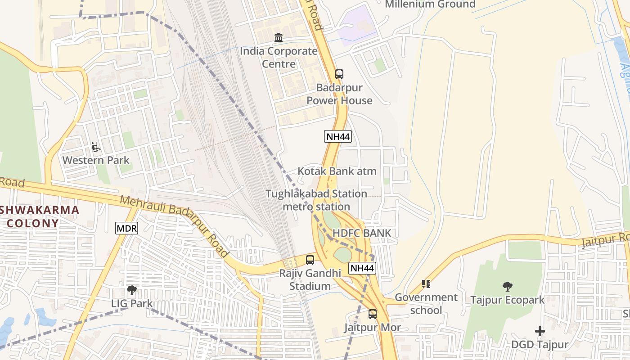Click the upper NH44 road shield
tap(337, 136)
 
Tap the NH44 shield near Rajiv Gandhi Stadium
tap(362, 268)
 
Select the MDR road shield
tap(126, 229)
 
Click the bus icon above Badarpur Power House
tap(339, 74)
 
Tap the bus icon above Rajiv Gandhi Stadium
tap(310, 260)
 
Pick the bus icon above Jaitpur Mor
tap(373, 314)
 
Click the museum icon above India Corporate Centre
tap(279, 38)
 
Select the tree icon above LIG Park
tap(131, 290)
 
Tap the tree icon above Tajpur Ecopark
tap(507, 286)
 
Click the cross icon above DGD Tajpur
tap(540, 332)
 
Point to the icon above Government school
tap(426, 284)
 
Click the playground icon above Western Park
tap(95, 147)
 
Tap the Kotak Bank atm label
tap(337, 171)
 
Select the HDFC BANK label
tap(362, 233)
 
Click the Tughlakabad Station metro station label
tap(316, 200)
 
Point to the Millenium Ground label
tap(430, 4)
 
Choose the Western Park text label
tap(96, 160)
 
